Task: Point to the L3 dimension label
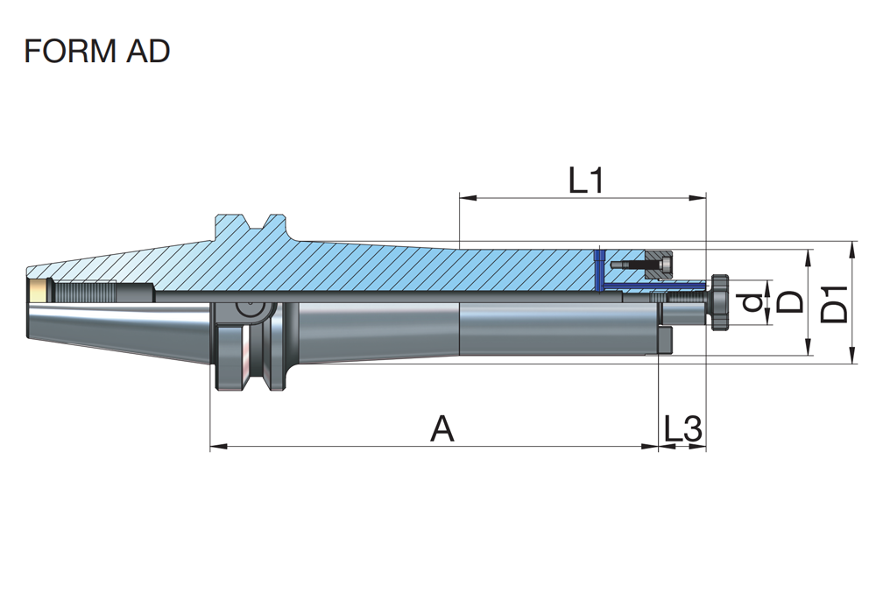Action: point(682,429)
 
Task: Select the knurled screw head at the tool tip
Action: point(720,303)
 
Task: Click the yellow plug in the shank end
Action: point(39,292)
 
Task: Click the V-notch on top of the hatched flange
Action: point(258,222)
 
